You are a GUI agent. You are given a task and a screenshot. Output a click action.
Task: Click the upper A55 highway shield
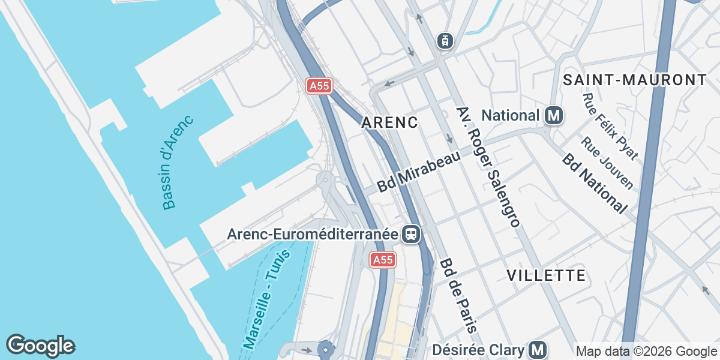tap(319, 86)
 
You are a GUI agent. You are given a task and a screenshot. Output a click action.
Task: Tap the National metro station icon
tap(554, 115)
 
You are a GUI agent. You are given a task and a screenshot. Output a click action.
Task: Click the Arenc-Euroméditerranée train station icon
tap(411, 234)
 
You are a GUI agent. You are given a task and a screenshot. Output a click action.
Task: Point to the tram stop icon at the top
tap(445, 41)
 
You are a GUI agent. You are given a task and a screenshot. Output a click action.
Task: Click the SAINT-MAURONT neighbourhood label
tap(635, 80)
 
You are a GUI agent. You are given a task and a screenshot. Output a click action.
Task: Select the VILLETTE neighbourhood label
tap(546, 275)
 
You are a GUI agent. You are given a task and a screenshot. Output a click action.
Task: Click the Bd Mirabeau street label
tap(419, 172)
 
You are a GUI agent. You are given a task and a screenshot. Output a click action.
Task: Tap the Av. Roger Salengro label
tap(488, 167)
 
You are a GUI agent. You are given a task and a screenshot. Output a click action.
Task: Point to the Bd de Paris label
tap(458, 295)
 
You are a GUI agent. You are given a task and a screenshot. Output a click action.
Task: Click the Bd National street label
tap(595, 183)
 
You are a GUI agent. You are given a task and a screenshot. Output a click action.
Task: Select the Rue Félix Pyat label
tap(610, 126)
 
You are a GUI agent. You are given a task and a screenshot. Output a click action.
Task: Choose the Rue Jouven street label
tap(607, 163)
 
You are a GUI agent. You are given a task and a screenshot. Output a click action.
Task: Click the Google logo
tap(40, 346)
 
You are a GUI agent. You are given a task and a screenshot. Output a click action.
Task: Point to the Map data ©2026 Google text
tap(646, 351)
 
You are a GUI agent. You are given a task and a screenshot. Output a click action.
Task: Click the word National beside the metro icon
tap(511, 115)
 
